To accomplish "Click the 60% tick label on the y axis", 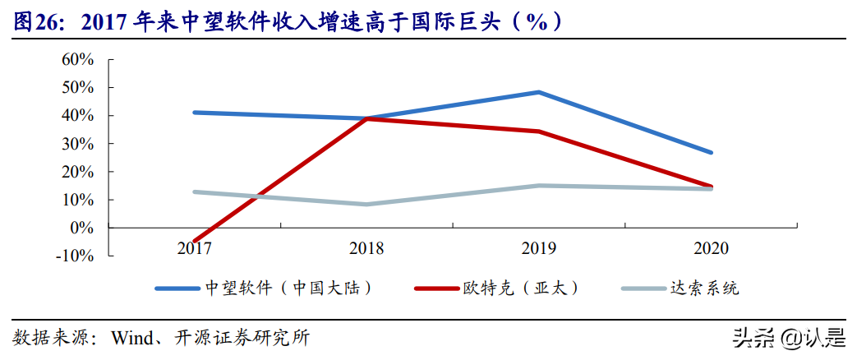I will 77,59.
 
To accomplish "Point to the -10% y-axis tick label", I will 75,256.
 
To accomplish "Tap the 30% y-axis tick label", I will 77,144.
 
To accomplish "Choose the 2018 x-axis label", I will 366,247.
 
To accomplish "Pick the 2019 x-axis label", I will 538,247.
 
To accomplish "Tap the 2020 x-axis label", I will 711,247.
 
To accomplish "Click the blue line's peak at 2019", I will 538,92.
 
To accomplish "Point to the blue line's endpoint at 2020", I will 711,153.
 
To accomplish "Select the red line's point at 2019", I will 538,131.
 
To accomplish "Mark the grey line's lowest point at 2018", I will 366,204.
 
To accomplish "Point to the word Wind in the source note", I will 131,337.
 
